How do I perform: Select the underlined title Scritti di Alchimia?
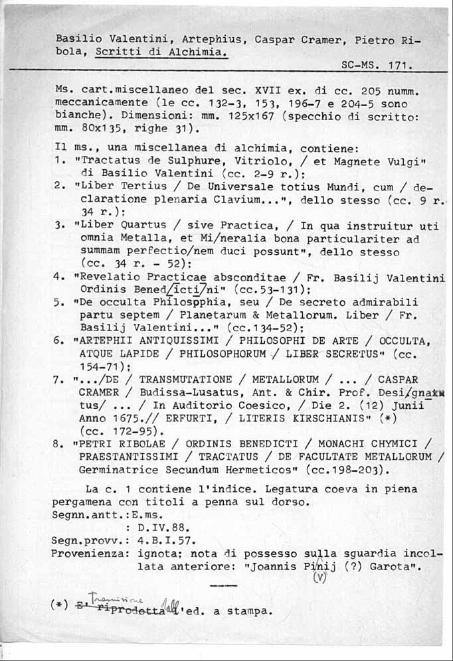[161, 52]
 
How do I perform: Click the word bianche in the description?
[78, 116]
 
